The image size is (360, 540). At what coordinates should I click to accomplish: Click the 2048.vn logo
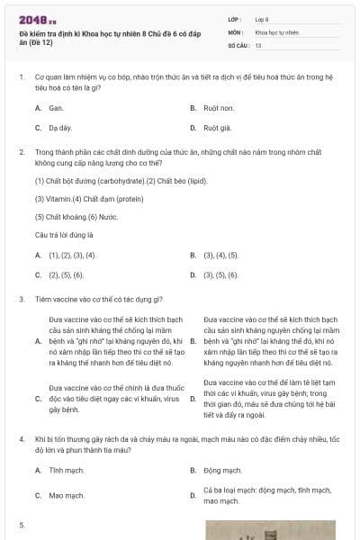pos(31,18)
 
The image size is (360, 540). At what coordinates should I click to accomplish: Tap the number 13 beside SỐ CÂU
pos(258,44)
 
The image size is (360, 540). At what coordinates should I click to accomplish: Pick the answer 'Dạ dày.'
pos(60,128)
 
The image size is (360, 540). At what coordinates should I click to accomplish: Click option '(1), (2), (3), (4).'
pos(72,255)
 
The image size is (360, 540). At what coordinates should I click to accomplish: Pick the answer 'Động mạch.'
pos(222,471)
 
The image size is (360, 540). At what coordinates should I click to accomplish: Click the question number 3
pos(21,298)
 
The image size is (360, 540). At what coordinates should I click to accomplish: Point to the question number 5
pos(21,523)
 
